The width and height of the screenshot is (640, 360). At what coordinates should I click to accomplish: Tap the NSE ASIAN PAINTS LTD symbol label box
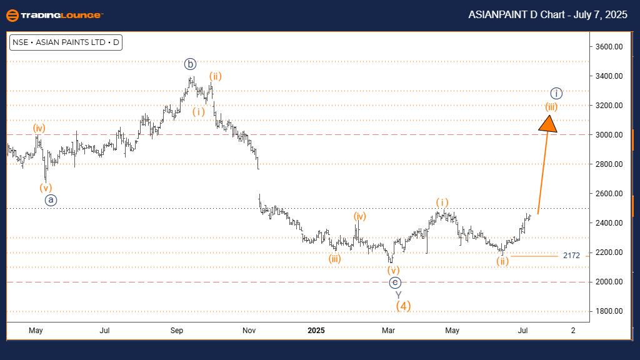coord(65,43)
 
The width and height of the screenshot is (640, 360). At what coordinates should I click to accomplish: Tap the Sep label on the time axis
coord(177,329)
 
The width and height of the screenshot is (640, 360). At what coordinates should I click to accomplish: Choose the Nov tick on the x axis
coord(249,329)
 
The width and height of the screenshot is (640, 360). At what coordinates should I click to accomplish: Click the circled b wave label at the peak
coord(191,63)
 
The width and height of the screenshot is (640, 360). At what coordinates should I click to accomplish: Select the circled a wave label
coord(51,200)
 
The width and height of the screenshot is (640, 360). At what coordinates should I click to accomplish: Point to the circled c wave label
coord(394,282)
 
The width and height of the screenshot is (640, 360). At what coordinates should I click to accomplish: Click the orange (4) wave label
coord(403,306)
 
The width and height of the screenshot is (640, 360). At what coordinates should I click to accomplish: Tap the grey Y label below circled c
coord(397,294)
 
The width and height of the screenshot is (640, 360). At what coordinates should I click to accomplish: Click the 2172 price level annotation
coord(572,256)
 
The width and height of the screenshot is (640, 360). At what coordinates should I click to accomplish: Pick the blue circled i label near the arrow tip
coord(557,94)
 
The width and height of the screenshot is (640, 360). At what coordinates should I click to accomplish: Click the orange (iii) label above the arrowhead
coord(551,106)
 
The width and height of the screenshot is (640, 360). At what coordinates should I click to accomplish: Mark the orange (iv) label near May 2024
coord(39,129)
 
